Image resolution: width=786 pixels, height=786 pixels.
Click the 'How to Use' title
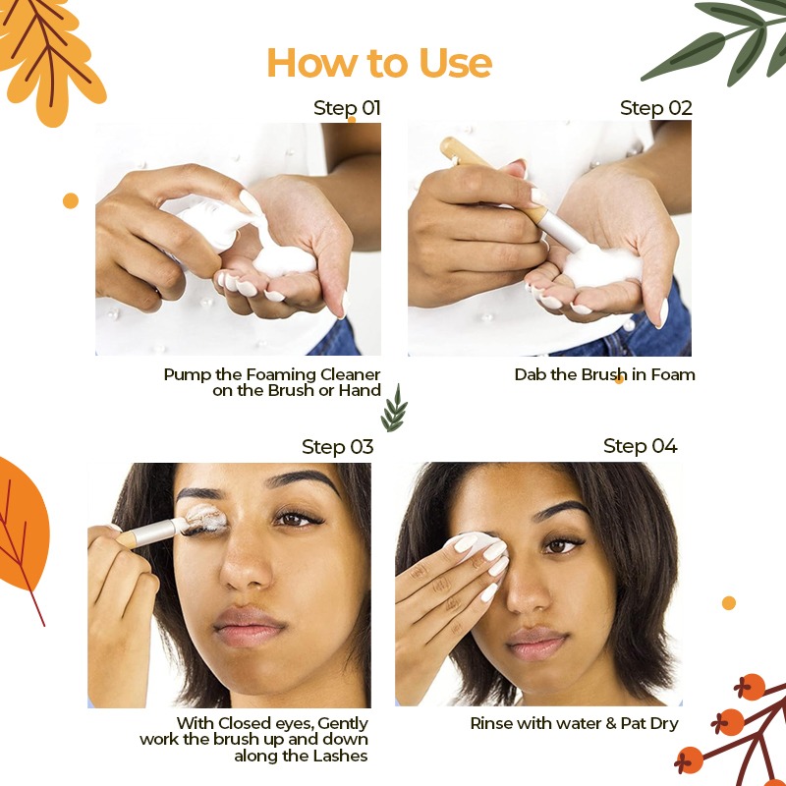point(379,63)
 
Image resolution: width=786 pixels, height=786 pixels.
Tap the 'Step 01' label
point(347,108)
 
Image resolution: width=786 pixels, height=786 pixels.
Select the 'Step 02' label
point(655,108)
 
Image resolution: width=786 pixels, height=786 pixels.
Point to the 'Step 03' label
point(337,447)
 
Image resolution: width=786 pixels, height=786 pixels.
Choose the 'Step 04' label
point(641,446)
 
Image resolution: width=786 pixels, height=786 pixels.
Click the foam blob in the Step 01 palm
point(284,260)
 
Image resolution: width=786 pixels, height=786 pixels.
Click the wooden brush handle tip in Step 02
point(446,144)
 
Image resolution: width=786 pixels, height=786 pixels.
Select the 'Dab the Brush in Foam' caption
point(604,374)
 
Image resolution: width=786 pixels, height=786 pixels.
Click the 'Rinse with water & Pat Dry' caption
point(574,723)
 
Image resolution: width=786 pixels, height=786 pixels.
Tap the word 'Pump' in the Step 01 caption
point(187,375)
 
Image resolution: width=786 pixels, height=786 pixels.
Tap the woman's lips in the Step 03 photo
point(250,626)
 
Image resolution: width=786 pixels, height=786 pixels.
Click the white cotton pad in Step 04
point(477,544)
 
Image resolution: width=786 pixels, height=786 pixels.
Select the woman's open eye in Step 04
point(560,546)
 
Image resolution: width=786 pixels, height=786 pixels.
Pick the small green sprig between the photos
point(394,409)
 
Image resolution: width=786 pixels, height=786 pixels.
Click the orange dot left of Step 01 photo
point(71,200)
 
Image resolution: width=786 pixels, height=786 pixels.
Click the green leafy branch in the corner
point(722,40)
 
